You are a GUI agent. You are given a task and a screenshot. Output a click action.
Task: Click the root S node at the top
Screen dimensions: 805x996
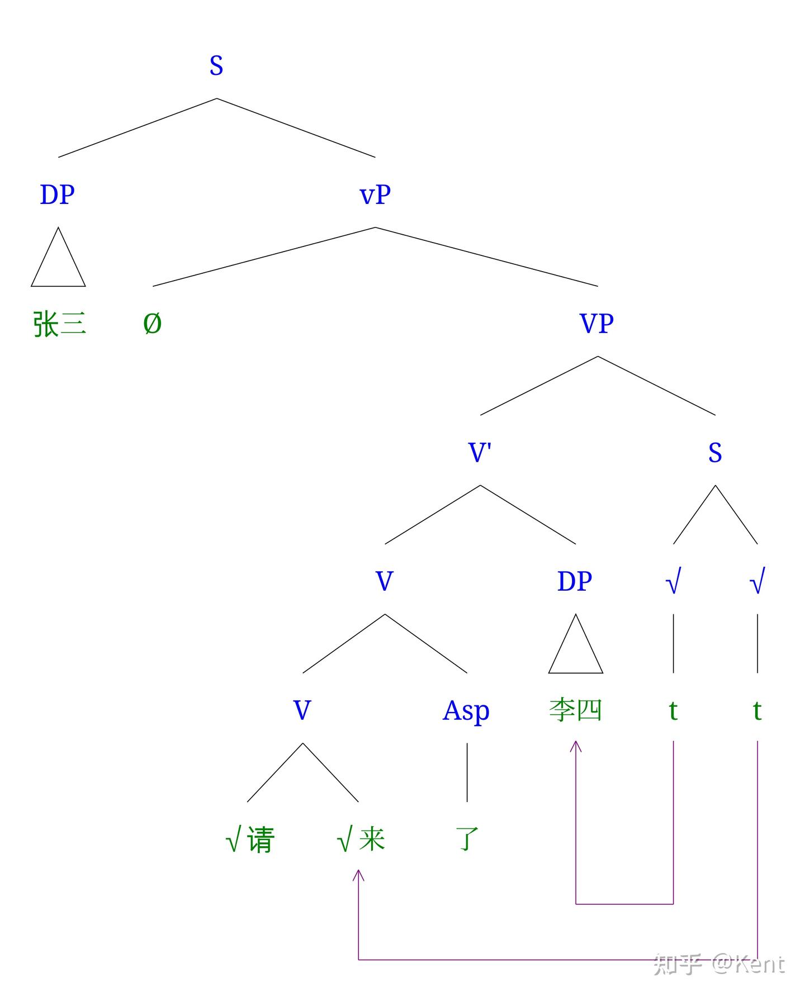pyautogui.click(x=216, y=65)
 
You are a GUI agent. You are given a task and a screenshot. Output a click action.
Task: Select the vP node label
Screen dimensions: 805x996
pyautogui.click(x=375, y=195)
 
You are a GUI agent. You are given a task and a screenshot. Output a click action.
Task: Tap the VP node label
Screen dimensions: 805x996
pyautogui.click(x=597, y=324)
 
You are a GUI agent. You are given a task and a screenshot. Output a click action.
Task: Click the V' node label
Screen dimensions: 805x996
pyautogui.click(x=480, y=452)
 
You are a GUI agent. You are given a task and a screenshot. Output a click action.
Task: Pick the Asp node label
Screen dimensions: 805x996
pyautogui.click(x=466, y=711)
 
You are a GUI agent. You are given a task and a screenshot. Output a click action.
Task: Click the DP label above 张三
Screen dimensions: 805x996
pyautogui.click(x=58, y=195)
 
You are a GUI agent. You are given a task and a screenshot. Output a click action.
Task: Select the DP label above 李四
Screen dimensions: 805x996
pyautogui.click(x=575, y=581)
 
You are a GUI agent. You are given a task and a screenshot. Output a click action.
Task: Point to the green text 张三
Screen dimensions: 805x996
pyautogui.click(x=59, y=324)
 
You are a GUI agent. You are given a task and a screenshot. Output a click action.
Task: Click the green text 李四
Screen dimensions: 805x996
pyautogui.click(x=575, y=710)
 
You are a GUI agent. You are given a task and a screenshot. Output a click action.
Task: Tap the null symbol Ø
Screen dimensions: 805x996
pyautogui.click(x=152, y=324)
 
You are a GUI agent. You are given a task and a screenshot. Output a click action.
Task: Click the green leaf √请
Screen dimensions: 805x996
pyautogui.click(x=249, y=840)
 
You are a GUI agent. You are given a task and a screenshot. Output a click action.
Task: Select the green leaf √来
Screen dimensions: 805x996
pyautogui.click(x=361, y=840)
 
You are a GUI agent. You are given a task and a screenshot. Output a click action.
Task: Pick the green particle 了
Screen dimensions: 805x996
pyautogui.click(x=467, y=840)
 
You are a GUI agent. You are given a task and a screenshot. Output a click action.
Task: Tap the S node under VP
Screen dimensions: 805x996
pyautogui.click(x=715, y=452)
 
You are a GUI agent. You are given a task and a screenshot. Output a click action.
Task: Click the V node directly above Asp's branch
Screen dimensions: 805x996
pyautogui.click(x=385, y=581)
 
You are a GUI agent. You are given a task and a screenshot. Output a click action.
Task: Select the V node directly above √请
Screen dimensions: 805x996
pyautogui.click(x=302, y=710)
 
